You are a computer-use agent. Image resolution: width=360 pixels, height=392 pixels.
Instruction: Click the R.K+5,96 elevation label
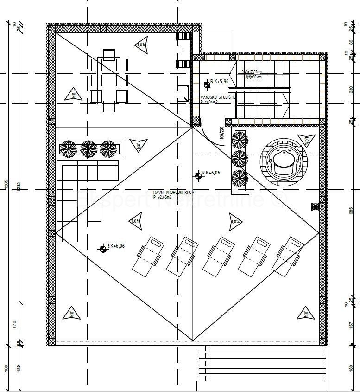pos(220,82)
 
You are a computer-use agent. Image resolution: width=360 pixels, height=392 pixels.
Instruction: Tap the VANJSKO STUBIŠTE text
pos(218,97)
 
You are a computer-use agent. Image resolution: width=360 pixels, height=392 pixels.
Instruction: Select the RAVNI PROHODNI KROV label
pos(173,192)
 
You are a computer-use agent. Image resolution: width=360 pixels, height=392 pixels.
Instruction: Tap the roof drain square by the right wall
pos(316,206)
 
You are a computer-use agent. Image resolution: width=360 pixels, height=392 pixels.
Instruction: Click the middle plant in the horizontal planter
pos(88,149)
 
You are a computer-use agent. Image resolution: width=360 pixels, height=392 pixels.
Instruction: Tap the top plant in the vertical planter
pos(240,139)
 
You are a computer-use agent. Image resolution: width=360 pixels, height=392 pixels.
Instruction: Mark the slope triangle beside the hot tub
pos(305,140)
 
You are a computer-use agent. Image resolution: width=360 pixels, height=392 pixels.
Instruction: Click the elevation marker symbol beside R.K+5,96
pos(206,84)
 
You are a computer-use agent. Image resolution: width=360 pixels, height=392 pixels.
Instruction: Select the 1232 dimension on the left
pos(19,186)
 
